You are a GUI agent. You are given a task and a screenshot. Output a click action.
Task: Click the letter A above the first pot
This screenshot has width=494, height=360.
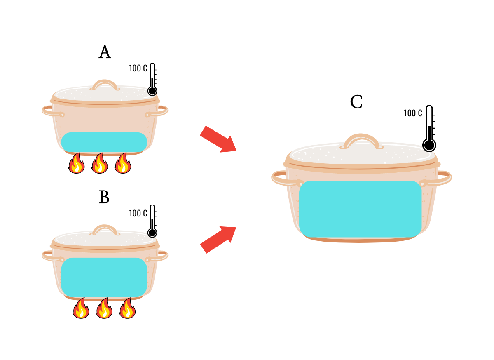(x=105, y=52)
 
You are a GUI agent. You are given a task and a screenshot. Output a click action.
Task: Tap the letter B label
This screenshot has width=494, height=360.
(x=104, y=198)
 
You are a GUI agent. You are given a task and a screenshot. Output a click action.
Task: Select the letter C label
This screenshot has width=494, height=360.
(x=356, y=102)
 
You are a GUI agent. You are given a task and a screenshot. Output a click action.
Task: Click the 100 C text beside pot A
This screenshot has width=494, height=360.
(x=138, y=68)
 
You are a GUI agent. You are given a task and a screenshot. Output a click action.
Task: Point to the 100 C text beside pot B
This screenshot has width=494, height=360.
(x=138, y=214)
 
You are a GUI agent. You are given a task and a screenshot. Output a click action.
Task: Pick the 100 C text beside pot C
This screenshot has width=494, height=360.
(x=413, y=113)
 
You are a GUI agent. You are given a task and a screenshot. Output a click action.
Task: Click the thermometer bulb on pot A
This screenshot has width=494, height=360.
(x=152, y=91)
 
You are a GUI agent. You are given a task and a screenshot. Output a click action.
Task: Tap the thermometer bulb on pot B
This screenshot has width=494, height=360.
(x=152, y=233)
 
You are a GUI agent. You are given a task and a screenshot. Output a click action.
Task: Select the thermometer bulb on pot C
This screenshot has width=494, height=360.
(x=429, y=145)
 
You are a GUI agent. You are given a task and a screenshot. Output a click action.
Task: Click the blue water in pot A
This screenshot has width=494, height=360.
(x=104, y=142)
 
